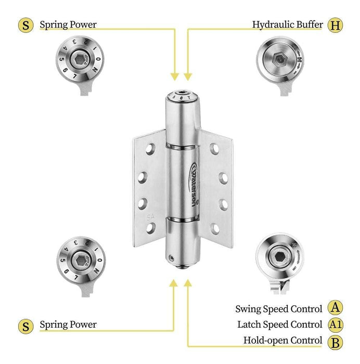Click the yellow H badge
click(x=336, y=24)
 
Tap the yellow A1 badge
click(x=336, y=324)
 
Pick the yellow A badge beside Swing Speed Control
click(x=336, y=308)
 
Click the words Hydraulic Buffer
click(x=287, y=24)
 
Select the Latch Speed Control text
click(x=279, y=324)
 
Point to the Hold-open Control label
click(x=282, y=341)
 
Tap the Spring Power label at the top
click(x=68, y=24)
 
